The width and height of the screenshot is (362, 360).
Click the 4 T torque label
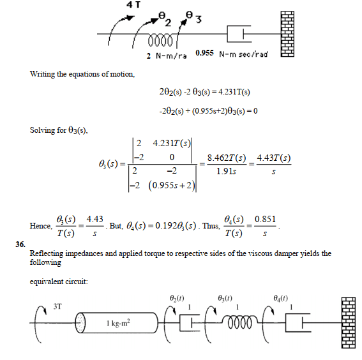(133, 4)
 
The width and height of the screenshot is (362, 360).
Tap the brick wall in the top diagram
(287, 34)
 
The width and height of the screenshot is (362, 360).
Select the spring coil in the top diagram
(160, 41)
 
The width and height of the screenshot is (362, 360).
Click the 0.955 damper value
(204, 53)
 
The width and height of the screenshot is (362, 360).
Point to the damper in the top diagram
(239, 34)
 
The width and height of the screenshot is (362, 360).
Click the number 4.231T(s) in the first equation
(234, 92)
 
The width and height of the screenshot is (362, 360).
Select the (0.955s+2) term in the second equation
(209, 111)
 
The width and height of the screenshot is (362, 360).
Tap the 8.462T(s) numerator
(227, 158)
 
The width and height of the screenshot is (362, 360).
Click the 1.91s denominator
(226, 172)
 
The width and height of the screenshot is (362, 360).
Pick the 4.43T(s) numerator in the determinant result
(274, 158)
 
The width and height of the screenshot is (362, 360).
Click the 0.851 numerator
(265, 219)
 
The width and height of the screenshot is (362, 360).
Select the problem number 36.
(20, 244)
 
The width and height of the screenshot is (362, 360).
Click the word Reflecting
(46, 253)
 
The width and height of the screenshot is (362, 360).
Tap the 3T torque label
(57, 306)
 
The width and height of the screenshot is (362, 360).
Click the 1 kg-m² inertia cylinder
(117, 322)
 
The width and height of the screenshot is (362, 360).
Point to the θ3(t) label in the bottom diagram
(225, 298)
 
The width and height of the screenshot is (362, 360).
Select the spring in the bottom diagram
(239, 322)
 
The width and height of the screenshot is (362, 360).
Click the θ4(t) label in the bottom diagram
(280, 298)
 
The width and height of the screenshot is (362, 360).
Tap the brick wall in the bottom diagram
(349, 322)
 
